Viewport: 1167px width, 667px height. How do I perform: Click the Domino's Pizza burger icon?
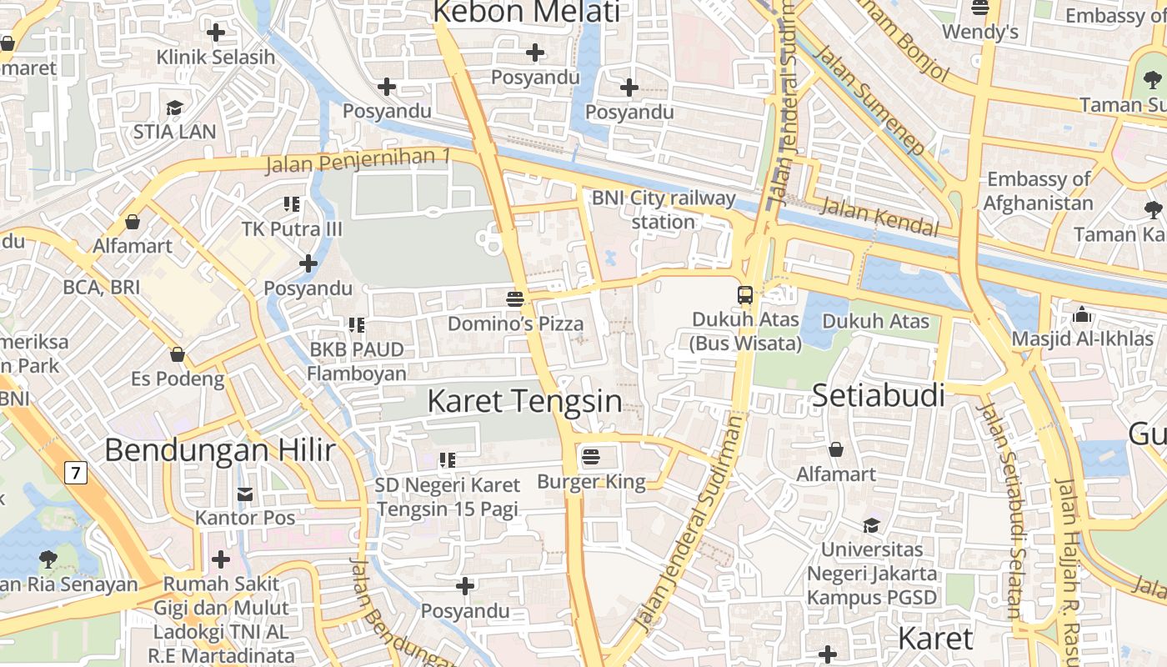pyautogui.click(x=515, y=298)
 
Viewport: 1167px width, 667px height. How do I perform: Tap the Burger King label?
pyautogui.click(x=591, y=481)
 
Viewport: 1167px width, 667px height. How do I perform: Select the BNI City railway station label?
pyautogui.click(x=664, y=210)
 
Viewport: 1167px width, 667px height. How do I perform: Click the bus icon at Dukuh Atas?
pyautogui.click(x=745, y=295)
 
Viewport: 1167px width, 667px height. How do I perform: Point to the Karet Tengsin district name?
pyautogui.click(x=524, y=401)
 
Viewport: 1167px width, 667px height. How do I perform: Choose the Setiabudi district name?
pyautogui.click(x=879, y=395)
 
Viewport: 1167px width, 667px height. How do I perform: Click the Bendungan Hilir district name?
pyautogui.click(x=220, y=450)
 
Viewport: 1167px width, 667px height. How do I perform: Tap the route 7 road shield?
pyautogui.click(x=76, y=474)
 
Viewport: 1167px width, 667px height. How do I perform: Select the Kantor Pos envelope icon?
pyautogui.click(x=245, y=494)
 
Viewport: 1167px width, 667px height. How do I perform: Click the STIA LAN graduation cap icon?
pyautogui.click(x=174, y=108)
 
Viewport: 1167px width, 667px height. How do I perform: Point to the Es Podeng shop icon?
pyautogui.click(x=178, y=355)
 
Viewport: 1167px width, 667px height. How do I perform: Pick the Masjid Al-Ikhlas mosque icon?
pyautogui.click(x=1082, y=314)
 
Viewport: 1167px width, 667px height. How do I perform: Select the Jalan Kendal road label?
pyautogui.click(x=879, y=218)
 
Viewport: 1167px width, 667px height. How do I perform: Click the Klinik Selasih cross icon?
pyautogui.click(x=216, y=33)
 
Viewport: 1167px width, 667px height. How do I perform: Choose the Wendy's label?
pyautogui.click(x=980, y=32)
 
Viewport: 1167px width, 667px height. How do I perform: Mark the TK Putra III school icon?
pyautogui.click(x=291, y=204)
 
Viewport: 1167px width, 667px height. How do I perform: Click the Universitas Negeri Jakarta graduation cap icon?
pyautogui.click(x=871, y=525)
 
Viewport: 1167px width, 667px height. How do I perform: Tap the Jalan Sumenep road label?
pyautogui.click(x=869, y=99)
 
